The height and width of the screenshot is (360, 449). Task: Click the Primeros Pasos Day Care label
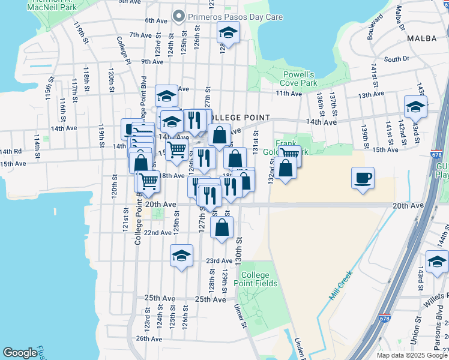click(235, 17)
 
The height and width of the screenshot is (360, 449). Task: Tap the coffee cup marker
click(363, 178)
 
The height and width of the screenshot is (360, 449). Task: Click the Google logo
click(20, 352)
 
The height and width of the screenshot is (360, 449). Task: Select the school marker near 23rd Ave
click(181, 256)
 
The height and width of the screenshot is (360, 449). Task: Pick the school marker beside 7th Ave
click(228, 34)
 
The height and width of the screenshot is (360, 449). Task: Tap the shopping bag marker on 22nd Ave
click(222, 228)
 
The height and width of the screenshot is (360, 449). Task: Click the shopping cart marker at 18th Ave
click(148, 180)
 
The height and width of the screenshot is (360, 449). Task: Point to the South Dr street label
click(396, 59)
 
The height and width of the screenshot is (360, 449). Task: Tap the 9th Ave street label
click(153, 61)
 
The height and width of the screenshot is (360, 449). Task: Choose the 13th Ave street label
click(370, 95)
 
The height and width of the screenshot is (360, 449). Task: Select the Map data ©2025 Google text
click(411, 355)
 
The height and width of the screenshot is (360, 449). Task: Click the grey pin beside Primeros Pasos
click(178, 16)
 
